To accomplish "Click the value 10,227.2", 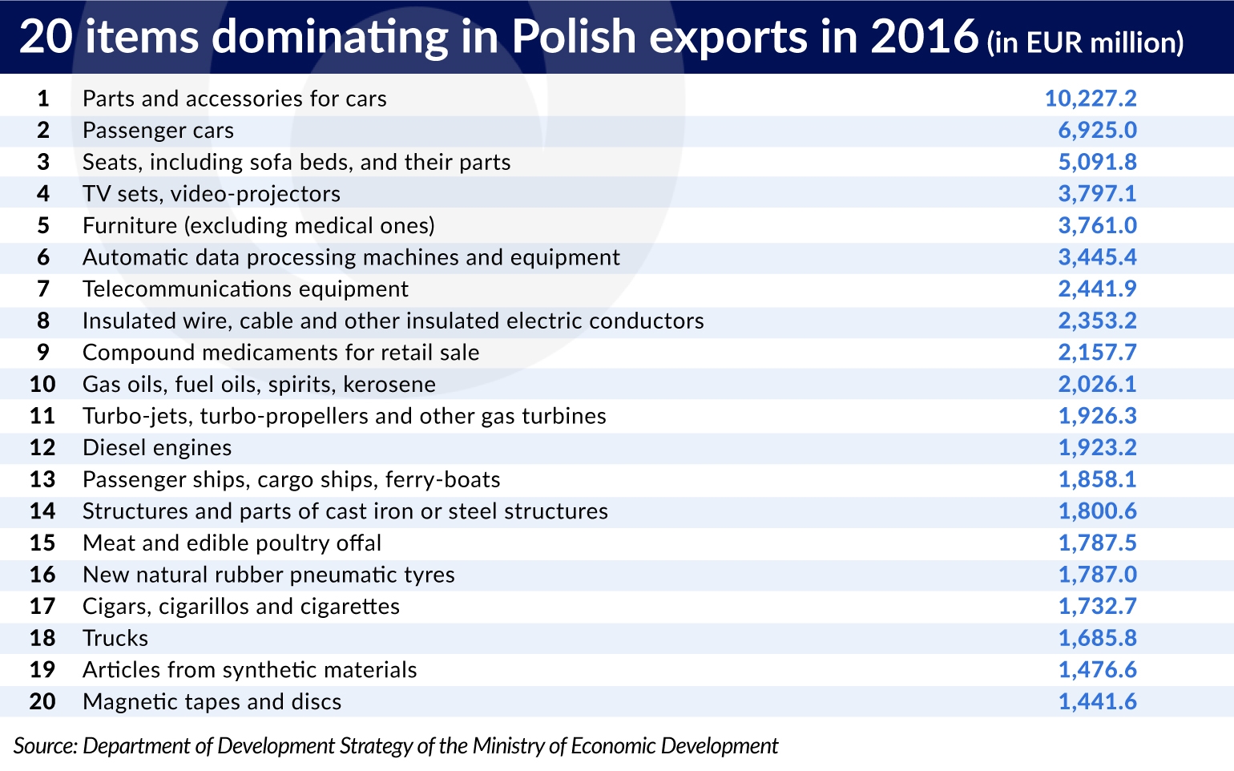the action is pyautogui.click(x=1091, y=99).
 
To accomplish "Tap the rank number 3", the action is pyautogui.click(x=43, y=162).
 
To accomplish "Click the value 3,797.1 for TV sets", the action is pyautogui.click(x=1098, y=194).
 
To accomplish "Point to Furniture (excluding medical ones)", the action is pyautogui.click(x=259, y=226).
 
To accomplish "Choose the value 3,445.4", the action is pyautogui.click(x=1098, y=257).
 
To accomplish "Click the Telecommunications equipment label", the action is pyautogui.click(x=246, y=289).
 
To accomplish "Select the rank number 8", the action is pyautogui.click(x=43, y=321).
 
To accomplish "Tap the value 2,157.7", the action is pyautogui.click(x=1098, y=353).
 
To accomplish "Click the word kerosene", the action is pyautogui.click(x=389, y=384).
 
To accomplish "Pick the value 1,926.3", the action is pyautogui.click(x=1098, y=416).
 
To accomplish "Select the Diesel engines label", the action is pyautogui.click(x=157, y=448).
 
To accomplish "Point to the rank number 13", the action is pyautogui.click(x=42, y=479).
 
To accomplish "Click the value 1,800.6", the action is pyautogui.click(x=1098, y=511).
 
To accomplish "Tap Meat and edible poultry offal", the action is pyautogui.click(x=232, y=543).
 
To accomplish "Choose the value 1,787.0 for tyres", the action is pyautogui.click(x=1098, y=575).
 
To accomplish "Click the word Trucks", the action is pyautogui.click(x=115, y=638).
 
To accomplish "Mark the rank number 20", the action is pyautogui.click(x=42, y=701).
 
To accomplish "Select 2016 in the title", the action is pyautogui.click(x=925, y=36).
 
